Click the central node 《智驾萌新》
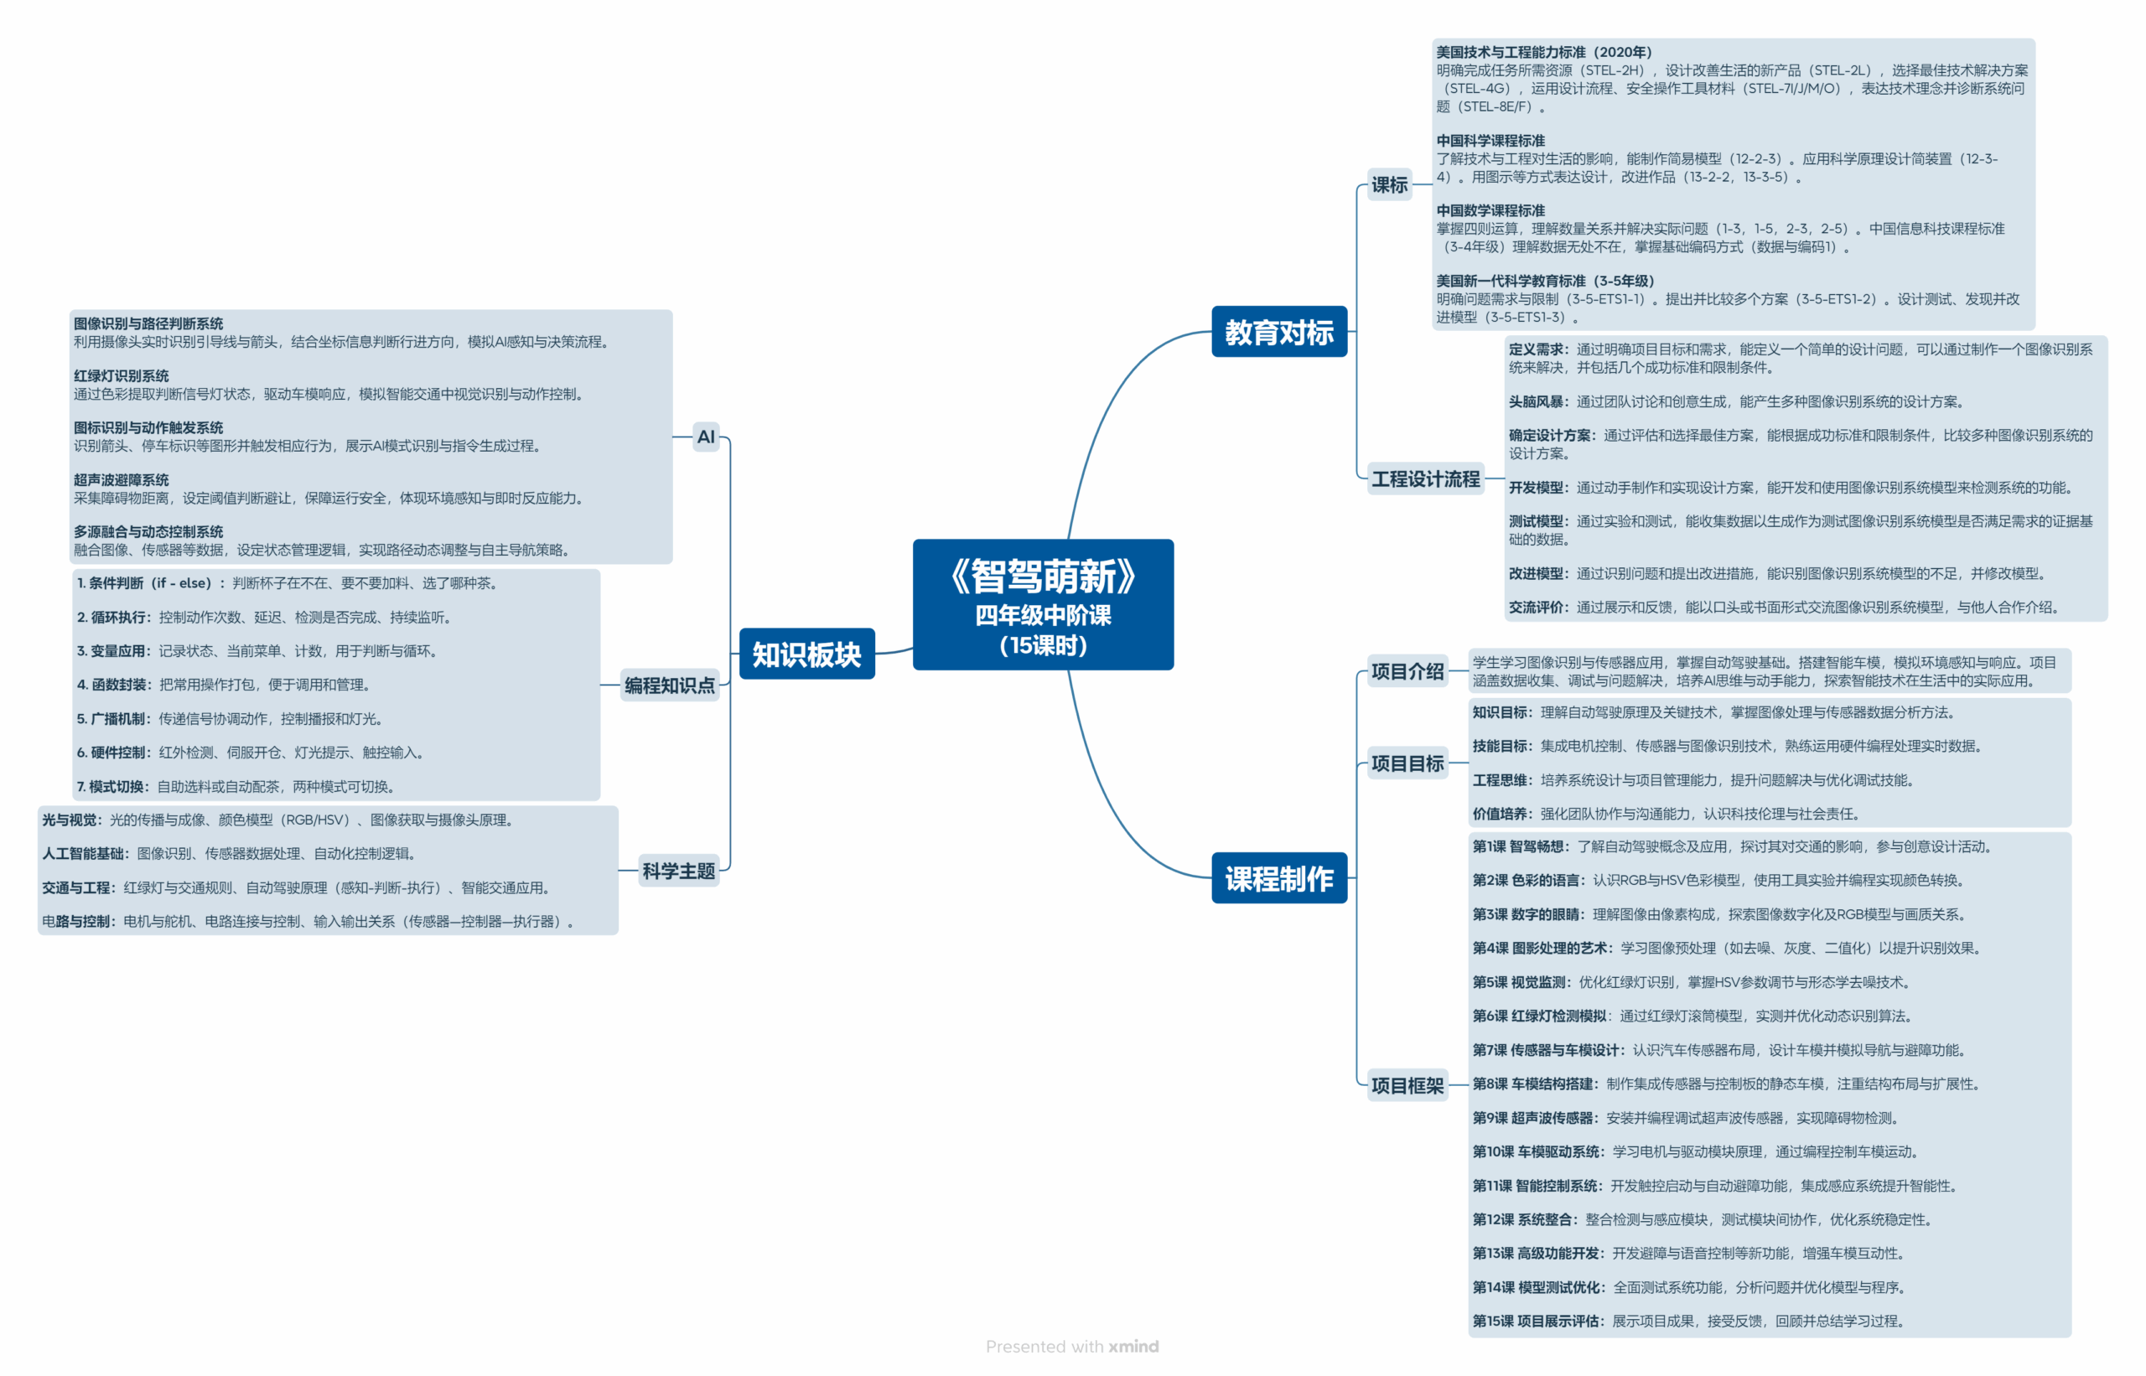(1043, 604)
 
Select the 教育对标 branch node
(1279, 332)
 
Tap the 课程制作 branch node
(1279, 878)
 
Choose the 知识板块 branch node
(806, 654)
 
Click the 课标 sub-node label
(1390, 185)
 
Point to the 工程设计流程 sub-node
(1426, 479)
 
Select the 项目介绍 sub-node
(1407, 671)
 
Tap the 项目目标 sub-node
(1407, 763)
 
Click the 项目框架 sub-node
(1407, 1084)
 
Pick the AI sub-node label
(706, 437)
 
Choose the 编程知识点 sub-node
(670, 685)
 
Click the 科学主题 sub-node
(678, 871)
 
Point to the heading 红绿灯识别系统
(121, 375)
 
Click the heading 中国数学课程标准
(1490, 210)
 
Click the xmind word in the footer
(1133, 1346)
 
